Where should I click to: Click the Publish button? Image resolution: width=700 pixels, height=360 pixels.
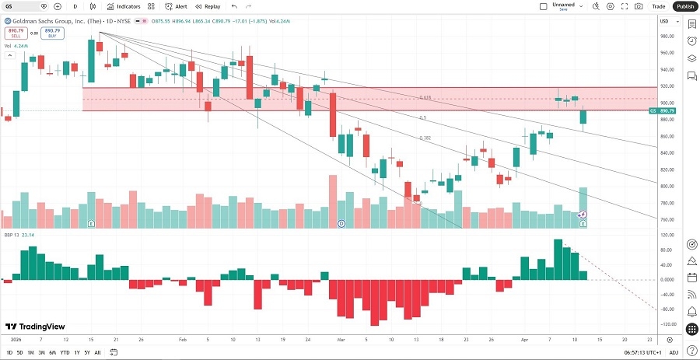[684, 6]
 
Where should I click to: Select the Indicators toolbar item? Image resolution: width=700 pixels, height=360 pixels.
[124, 6]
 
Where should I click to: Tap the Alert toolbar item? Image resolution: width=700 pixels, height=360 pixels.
[176, 6]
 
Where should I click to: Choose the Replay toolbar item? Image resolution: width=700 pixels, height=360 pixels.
[208, 6]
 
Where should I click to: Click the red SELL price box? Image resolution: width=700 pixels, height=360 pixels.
[14, 33]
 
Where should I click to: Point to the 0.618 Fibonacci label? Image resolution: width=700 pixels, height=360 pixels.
[425, 97]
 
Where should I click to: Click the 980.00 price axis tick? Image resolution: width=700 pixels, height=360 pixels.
[667, 37]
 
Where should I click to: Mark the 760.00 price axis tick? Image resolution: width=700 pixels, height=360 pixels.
[667, 219]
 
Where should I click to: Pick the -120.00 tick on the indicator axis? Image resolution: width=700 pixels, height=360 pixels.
[667, 323]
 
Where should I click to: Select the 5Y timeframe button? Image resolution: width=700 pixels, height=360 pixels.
[86, 352]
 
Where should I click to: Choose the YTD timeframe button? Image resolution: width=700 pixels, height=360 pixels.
[65, 352]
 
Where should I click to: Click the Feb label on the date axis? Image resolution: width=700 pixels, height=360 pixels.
[182, 340]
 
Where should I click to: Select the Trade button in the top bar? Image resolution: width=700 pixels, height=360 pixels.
[659, 6]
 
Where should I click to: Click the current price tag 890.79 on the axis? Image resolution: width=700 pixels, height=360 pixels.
[667, 110]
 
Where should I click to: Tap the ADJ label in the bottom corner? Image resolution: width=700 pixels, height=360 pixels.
[674, 352]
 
